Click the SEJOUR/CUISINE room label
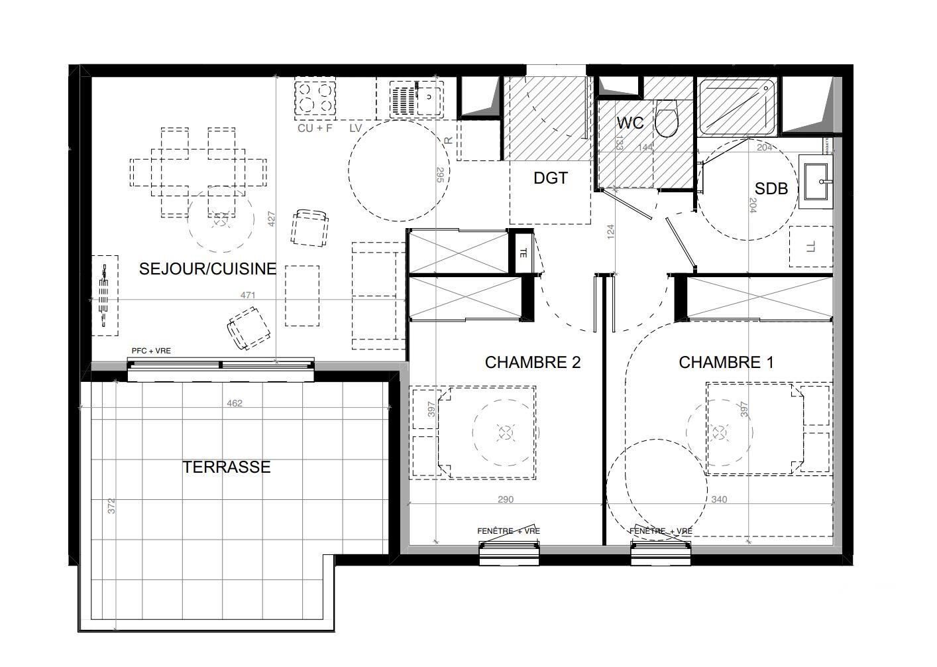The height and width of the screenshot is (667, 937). pos(207,269)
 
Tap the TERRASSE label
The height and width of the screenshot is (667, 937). pos(227,467)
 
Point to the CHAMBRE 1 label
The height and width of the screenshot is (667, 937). pos(726,363)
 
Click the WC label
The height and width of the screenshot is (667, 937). pos(630,124)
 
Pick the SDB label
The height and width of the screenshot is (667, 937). pos(771,189)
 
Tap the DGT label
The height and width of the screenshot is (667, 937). pos(551,178)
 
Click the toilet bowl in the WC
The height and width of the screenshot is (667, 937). pos(667,120)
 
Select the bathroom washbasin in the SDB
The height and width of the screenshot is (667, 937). pos(816,179)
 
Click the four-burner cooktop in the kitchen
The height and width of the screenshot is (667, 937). pos(314,97)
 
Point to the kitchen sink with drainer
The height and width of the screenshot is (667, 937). pos(418,98)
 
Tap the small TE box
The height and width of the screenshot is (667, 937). pos(524,251)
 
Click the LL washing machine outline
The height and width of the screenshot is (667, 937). pos(811,247)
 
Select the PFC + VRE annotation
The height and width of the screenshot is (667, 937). pos(150,351)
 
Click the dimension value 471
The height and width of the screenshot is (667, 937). pos(247,296)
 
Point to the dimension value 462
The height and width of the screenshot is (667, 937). pos(235,403)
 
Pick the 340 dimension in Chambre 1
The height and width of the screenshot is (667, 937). pos(719,499)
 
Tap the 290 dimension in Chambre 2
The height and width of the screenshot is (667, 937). pos(506,499)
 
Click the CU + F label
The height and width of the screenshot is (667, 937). pos(315,128)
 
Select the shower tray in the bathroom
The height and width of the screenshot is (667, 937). pos(738,105)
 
